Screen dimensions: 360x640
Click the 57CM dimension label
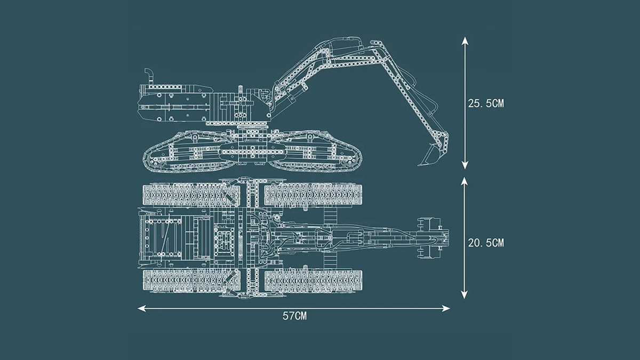[294, 316]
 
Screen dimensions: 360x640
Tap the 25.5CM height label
[486, 103]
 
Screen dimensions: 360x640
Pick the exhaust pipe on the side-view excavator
[149, 75]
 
